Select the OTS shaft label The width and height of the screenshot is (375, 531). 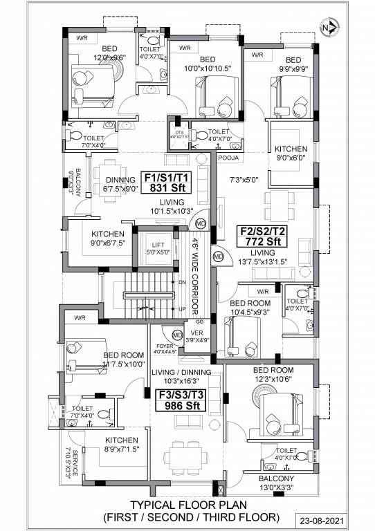point(179,134)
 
